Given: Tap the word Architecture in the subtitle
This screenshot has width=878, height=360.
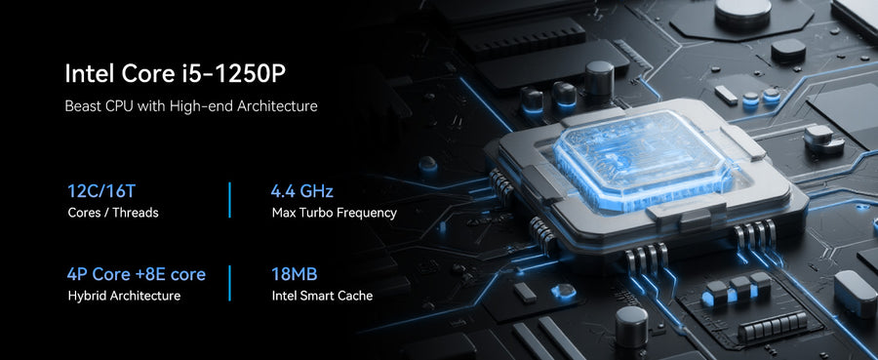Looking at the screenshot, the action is (277, 105).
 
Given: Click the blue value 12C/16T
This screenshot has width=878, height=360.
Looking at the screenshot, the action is (101, 191).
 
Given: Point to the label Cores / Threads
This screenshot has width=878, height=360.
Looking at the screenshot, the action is (113, 213).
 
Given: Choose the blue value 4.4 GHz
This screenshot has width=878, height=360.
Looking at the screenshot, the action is (302, 191).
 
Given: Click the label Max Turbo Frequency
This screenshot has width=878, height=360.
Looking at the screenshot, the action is (335, 213).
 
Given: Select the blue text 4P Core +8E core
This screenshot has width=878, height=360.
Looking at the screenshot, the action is (136, 274).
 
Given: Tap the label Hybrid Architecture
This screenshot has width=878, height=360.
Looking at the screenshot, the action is (124, 296).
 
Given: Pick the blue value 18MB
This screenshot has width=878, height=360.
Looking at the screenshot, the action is (295, 274).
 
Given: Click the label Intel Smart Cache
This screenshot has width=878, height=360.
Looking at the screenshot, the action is (322, 296).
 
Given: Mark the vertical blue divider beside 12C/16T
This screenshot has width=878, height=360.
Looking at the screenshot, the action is (229, 199).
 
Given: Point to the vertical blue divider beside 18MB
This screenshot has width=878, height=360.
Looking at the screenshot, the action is (229, 283).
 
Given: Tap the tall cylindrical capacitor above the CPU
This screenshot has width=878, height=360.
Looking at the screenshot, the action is (599, 78).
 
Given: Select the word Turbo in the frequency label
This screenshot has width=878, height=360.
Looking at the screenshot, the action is (319, 213).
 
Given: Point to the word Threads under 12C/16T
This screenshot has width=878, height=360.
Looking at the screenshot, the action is (139, 213).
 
